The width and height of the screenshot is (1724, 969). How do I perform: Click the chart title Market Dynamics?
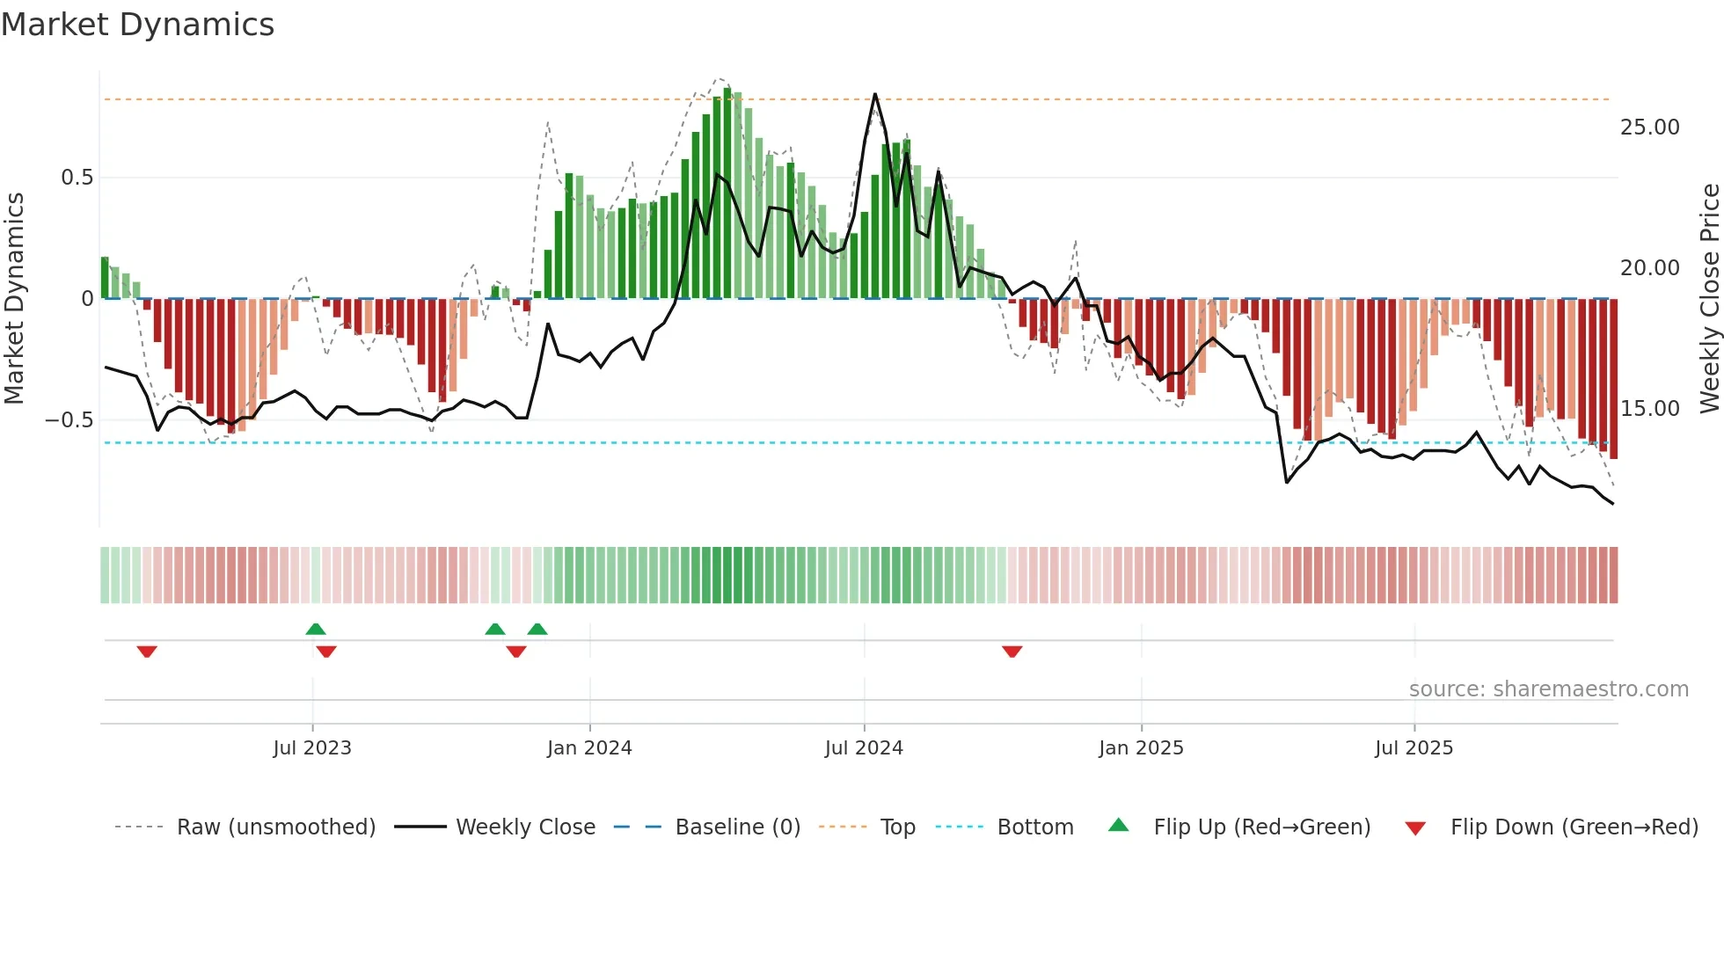click(137, 25)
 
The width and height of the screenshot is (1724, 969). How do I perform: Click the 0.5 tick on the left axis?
click(77, 178)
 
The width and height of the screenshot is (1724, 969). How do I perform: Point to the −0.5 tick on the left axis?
click(69, 420)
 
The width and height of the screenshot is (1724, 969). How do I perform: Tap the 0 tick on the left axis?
click(87, 299)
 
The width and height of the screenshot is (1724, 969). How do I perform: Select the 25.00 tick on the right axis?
click(1649, 127)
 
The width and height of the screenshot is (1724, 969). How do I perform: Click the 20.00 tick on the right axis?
click(1649, 268)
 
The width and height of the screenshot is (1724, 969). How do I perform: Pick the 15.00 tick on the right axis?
click(1649, 409)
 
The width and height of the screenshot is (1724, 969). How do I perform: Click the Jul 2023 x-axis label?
click(312, 748)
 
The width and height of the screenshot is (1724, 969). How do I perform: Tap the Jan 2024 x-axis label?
click(589, 748)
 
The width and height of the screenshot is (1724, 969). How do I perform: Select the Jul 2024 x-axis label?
click(864, 748)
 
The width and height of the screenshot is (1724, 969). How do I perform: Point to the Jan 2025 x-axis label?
click(1141, 748)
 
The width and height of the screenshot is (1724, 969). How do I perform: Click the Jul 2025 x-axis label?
click(1414, 748)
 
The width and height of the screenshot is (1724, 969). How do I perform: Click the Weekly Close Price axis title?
click(1709, 298)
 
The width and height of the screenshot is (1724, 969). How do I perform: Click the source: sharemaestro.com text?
click(1548, 689)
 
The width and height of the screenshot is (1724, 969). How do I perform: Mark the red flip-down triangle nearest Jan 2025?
click(1012, 652)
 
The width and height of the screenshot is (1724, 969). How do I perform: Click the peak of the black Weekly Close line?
click(875, 94)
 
